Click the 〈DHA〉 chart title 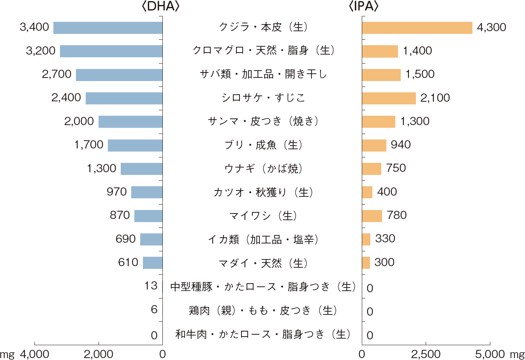(161, 7)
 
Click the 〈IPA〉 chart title (364, 7)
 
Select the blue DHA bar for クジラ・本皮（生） (108, 28)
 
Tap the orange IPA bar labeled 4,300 (417, 28)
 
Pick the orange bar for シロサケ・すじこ (389, 98)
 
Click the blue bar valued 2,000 (130, 122)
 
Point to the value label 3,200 (41, 51)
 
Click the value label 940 (401, 145)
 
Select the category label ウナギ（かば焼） (263, 169)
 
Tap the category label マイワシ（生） (263, 216)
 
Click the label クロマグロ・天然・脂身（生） (263, 51)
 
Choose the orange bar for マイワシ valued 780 (372, 216)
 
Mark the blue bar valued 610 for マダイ (153, 263)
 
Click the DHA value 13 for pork (151, 286)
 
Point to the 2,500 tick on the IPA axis (426, 354)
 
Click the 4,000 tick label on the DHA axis (34, 354)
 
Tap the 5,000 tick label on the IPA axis (490, 354)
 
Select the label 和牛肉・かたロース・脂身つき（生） (263, 334)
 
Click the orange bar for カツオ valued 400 (367, 192)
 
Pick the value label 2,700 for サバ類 (57, 74)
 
